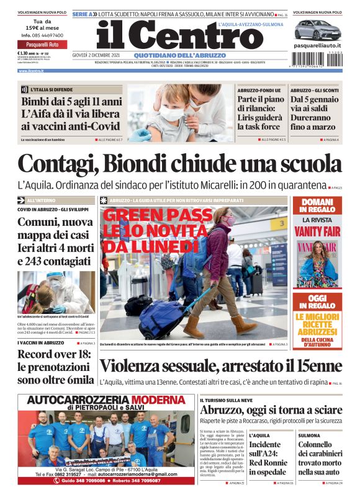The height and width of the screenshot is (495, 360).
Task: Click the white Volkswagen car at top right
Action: (317, 29)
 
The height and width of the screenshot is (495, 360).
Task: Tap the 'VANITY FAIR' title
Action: (317, 231)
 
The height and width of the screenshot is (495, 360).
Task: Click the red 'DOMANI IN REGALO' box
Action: (317, 206)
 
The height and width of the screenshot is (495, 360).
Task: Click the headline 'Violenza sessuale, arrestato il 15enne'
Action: (220, 367)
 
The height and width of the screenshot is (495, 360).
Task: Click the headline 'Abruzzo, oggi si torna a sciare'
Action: (271, 410)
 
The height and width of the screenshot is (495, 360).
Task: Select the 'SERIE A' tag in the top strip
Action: (83, 13)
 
